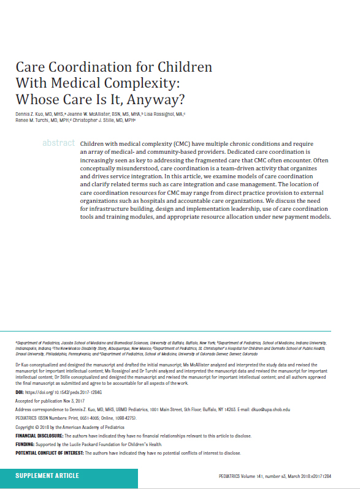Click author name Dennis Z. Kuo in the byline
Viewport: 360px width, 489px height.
click(x=30, y=114)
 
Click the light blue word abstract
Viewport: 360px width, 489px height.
click(x=58, y=143)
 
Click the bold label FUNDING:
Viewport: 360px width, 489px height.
click(x=27, y=444)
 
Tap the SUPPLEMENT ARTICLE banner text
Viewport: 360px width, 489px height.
click(x=47, y=476)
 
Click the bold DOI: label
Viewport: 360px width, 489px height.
click(x=20, y=391)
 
